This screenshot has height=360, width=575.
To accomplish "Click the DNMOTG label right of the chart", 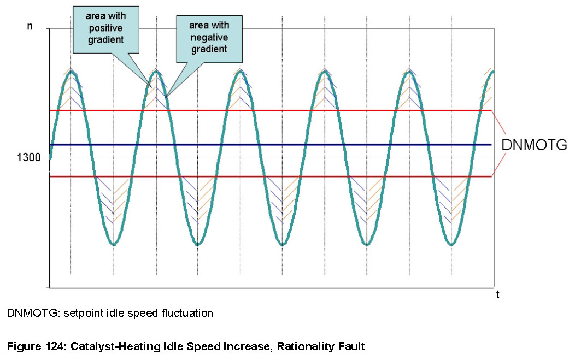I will click(x=534, y=145).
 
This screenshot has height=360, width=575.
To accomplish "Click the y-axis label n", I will click(x=30, y=26).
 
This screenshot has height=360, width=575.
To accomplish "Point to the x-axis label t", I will click(x=497, y=295).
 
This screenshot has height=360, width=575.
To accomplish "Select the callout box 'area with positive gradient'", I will click(x=105, y=28).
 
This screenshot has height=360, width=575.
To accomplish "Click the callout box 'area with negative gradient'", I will click(x=208, y=37).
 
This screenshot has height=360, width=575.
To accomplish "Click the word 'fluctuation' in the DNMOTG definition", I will click(x=185, y=314).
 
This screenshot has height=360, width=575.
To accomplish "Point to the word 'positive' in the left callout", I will click(x=105, y=28).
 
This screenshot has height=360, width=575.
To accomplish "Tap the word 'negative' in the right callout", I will click(x=208, y=37).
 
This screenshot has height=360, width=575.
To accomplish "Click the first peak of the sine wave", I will click(x=71, y=72).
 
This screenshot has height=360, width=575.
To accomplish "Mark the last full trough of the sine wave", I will click(x=451, y=244).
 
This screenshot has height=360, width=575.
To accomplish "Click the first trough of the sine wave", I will click(x=113, y=244).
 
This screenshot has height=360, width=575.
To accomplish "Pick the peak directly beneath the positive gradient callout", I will click(x=156, y=72).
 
